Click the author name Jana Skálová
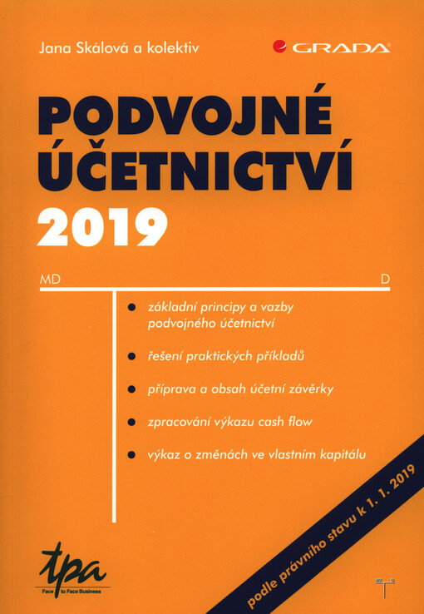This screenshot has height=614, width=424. coord(79,48)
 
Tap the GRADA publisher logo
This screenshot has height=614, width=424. coord(332,48)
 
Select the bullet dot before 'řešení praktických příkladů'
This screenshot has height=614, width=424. coord(132,357)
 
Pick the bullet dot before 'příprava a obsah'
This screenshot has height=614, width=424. coord(132,389)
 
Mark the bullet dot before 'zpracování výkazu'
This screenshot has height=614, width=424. coord(132,423)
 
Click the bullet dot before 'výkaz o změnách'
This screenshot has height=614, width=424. coord(132,455)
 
